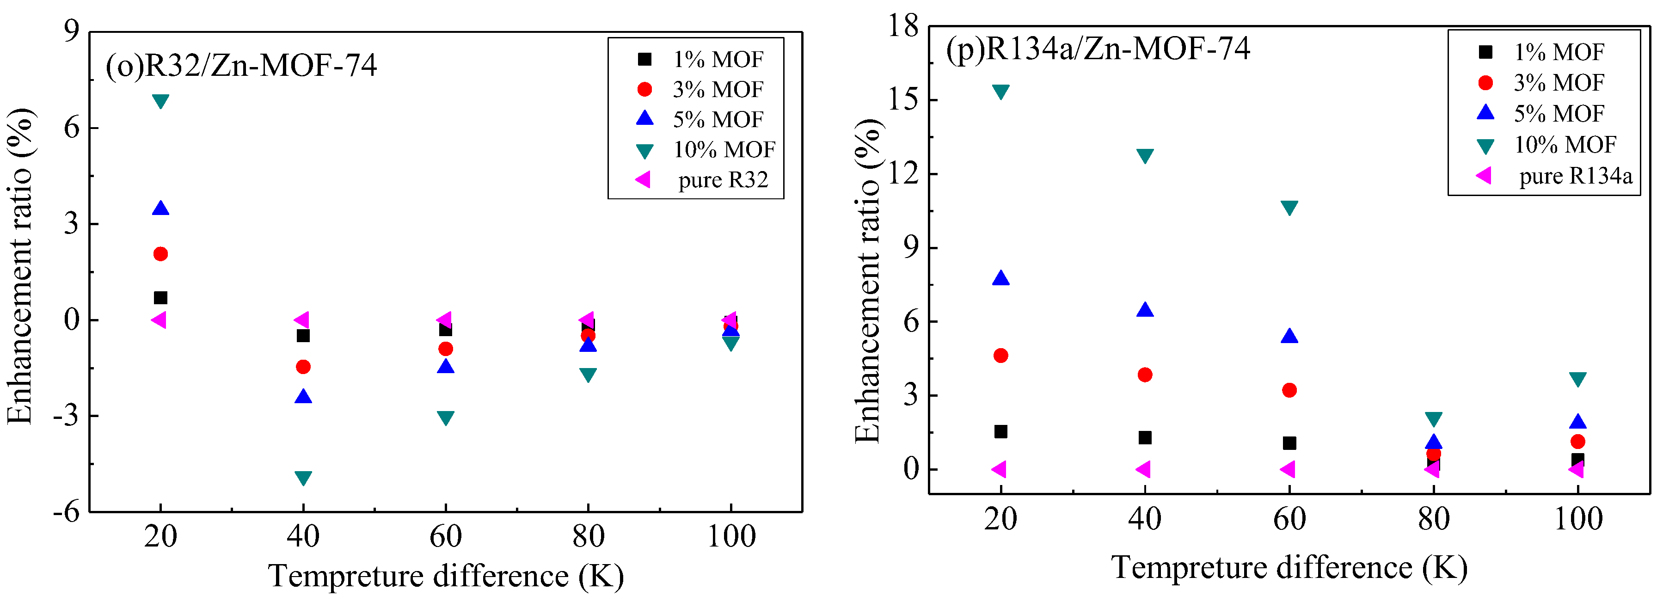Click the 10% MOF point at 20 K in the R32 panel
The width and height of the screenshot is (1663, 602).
(160, 101)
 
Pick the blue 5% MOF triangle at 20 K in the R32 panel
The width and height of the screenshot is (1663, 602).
(160, 209)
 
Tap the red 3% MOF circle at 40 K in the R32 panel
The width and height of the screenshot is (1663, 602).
(303, 367)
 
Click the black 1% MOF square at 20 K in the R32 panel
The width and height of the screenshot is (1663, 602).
(160, 298)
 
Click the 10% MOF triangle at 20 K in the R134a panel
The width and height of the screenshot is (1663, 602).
(1000, 92)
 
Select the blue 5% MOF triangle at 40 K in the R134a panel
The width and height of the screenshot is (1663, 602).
(1145, 310)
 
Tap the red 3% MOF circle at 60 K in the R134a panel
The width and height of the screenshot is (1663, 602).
(1289, 390)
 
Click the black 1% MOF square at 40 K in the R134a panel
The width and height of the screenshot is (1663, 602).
(1145, 438)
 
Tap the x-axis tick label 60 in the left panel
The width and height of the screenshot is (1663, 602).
(445, 536)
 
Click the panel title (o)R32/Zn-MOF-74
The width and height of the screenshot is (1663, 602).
(241, 65)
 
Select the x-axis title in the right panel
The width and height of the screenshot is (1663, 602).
(1289, 568)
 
